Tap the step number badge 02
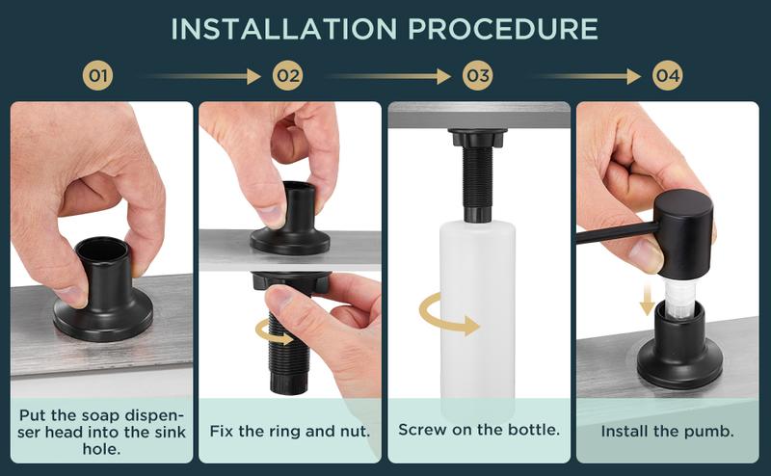287,74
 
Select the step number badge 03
478,74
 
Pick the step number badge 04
667,74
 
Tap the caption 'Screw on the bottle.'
479,430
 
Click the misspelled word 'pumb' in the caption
710,431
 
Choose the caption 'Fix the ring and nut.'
290,431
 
